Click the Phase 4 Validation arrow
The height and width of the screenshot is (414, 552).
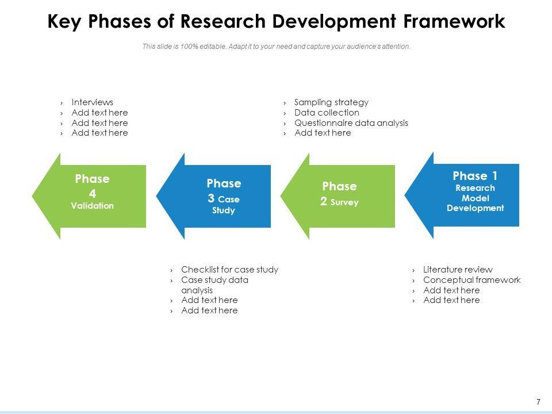point(92,196)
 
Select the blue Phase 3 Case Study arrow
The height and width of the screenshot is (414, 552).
point(218,196)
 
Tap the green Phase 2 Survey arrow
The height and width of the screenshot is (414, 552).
point(342,196)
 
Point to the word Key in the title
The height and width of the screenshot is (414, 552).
point(64,22)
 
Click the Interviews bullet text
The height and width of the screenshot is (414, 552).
point(92,102)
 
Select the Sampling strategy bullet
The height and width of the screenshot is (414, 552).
point(331,102)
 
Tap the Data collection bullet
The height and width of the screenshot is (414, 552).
point(327,113)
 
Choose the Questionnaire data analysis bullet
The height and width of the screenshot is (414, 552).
point(351,123)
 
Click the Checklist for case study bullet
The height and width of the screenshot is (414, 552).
point(229,270)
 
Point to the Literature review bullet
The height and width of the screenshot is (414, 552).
point(458,270)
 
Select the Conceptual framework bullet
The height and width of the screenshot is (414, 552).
point(471,280)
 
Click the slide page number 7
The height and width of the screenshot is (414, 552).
point(538,402)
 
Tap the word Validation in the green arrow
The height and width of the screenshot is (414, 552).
point(92,206)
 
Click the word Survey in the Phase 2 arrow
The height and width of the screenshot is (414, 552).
point(345,202)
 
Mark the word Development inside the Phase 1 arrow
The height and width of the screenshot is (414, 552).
point(475,208)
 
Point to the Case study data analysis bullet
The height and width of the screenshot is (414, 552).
point(214,285)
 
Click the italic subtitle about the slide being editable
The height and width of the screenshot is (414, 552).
point(276,47)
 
